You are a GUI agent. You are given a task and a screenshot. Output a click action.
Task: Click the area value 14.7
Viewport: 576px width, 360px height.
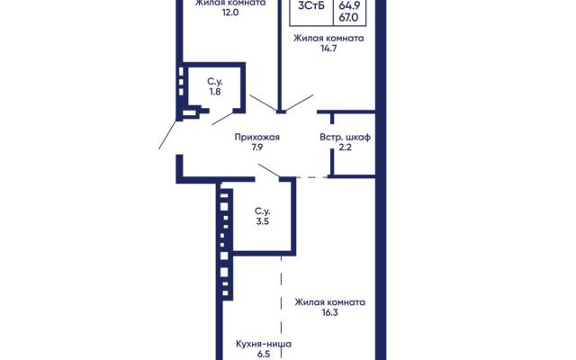coord(328,49)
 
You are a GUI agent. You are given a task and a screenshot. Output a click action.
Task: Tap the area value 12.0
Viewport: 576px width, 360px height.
coord(230,13)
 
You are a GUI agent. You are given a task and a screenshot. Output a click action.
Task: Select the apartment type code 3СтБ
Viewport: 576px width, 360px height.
coord(311,6)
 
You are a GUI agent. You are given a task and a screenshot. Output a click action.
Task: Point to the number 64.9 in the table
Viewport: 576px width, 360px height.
coord(349,5)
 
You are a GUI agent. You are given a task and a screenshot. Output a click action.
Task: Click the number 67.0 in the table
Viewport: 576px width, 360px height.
coord(348,17)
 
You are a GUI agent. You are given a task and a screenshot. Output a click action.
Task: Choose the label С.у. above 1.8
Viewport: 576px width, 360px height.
coord(215,81)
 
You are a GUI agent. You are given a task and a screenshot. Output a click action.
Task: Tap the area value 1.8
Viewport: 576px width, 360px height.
coord(215,92)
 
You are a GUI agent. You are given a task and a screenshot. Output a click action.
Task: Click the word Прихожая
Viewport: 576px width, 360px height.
coord(257,138)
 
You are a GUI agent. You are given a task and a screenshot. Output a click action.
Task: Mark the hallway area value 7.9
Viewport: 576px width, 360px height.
coord(257,148)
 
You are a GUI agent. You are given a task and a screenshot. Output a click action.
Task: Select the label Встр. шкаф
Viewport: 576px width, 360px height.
coord(345,138)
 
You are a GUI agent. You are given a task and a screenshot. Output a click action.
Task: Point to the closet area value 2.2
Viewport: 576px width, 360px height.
coord(346,148)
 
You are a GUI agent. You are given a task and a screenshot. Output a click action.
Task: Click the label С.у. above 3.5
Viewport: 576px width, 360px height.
coord(262,211)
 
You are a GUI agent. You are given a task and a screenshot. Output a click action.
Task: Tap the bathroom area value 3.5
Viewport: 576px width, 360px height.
coord(263,221)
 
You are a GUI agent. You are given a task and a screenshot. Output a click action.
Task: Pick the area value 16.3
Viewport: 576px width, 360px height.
coord(330,312)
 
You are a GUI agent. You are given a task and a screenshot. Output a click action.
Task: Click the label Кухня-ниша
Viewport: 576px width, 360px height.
coord(264,344)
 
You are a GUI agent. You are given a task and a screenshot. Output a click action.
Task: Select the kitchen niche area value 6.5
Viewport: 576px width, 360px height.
coord(264,355)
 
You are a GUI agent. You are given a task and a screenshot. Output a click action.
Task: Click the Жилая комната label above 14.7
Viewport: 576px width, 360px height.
coord(328,38)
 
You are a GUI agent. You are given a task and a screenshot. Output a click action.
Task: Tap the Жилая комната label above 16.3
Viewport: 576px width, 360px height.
coord(330,302)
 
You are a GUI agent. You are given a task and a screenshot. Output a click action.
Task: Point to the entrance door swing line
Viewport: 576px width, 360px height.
coord(168,134)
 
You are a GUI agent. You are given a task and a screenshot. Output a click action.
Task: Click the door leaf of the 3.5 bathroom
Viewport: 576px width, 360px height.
coord(269,171)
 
